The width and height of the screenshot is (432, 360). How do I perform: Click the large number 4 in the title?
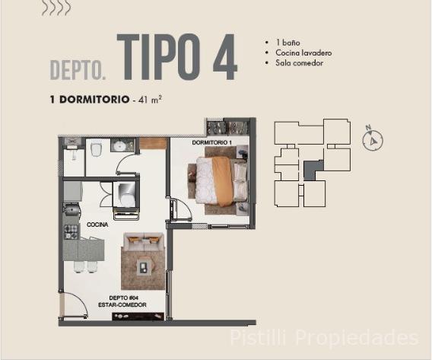click(225, 57)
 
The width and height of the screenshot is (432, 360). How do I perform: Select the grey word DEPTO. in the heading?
click(78, 70)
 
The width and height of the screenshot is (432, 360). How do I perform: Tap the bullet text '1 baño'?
click(288, 43)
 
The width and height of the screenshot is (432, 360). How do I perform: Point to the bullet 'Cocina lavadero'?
click(303, 53)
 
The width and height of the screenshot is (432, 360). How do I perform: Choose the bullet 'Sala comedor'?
click(300, 63)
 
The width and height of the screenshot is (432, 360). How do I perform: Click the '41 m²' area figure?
click(150, 99)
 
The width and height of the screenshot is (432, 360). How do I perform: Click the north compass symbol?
click(373, 140)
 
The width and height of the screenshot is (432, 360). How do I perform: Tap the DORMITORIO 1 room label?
click(211, 142)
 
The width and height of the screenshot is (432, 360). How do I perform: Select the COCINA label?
click(97, 225)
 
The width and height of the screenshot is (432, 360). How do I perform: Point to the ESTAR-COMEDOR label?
click(122, 305)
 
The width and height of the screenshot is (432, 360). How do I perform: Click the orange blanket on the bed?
click(222, 181)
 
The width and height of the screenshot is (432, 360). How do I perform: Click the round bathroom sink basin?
click(120, 145)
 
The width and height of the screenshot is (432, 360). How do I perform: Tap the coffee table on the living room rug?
click(143, 266)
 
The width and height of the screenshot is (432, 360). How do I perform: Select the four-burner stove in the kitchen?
click(71, 232)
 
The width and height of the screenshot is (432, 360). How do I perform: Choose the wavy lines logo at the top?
click(56, 8)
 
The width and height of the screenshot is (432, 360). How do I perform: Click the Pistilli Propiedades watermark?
click(324, 337)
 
